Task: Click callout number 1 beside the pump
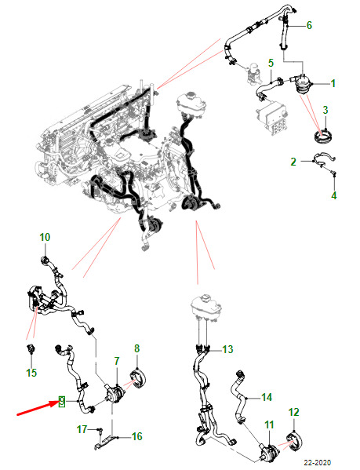333,83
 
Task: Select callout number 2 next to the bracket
293,162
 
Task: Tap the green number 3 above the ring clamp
325,110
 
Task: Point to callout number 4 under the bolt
334,195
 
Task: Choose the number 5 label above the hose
271,64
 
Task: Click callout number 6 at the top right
309,25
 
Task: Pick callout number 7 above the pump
117,361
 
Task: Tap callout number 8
137,348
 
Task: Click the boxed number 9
61,401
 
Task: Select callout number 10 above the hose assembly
45,237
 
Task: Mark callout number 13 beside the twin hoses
227,349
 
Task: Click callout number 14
267,398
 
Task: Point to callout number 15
31,373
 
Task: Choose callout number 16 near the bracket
137,436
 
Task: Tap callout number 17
82,429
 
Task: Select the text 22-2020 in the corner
318,462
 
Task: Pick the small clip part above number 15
31,348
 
